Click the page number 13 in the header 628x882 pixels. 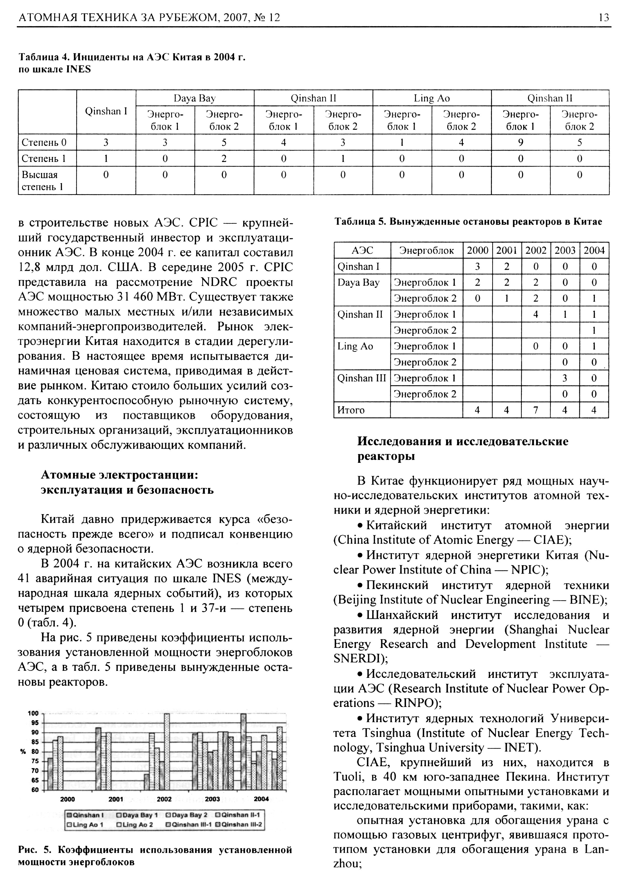pyautogui.click(x=603, y=18)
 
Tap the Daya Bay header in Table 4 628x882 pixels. pyautogui.click(x=194, y=98)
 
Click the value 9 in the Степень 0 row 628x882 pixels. pyautogui.click(x=520, y=143)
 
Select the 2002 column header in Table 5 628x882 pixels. pyautogui.click(x=536, y=251)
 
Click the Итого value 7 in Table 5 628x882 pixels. pyautogui.click(x=536, y=410)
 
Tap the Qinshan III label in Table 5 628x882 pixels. pyautogui.click(x=362, y=378)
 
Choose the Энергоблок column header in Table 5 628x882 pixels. pyautogui.click(x=426, y=251)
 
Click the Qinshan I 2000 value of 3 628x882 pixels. pyautogui.click(x=477, y=266)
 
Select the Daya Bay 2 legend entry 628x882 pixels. pyautogui.click(x=189, y=815)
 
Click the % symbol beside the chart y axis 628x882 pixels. pyautogui.click(x=23, y=752)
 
